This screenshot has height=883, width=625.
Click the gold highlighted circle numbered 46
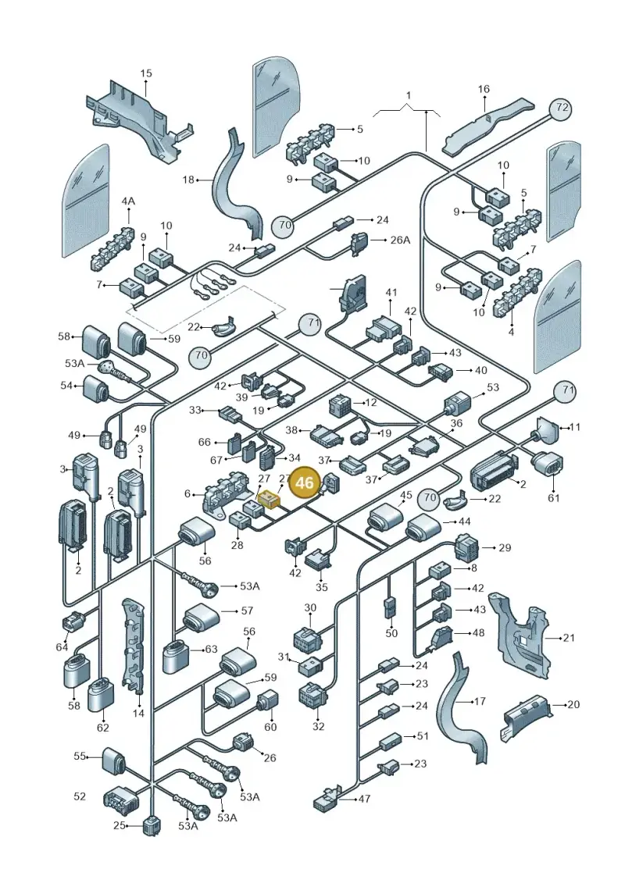click(x=305, y=482)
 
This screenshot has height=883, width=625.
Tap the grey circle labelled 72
click(x=561, y=107)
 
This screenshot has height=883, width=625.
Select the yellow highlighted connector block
click(x=270, y=498)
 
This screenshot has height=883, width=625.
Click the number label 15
click(x=146, y=73)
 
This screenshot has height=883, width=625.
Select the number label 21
click(x=569, y=638)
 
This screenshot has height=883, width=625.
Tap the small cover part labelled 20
click(x=525, y=716)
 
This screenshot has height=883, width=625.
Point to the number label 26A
click(x=400, y=240)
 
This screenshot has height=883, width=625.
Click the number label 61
click(x=553, y=498)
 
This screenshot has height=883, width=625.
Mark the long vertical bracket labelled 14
click(x=133, y=646)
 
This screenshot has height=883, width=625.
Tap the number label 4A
click(x=128, y=201)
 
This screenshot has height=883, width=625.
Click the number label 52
click(x=80, y=796)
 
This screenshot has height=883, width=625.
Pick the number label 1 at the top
click(x=409, y=96)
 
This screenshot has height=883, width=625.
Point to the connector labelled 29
click(x=466, y=547)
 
